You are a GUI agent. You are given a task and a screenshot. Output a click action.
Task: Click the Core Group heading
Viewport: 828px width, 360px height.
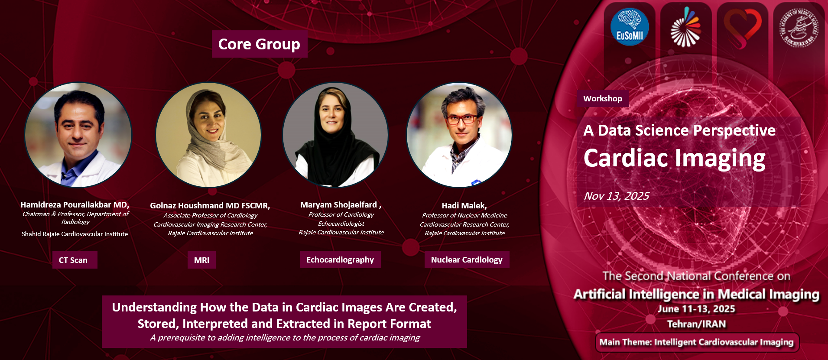click(259, 44)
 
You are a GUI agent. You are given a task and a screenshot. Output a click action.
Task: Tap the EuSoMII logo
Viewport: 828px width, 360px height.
click(630, 27)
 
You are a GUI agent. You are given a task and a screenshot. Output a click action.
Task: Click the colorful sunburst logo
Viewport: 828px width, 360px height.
click(685, 27)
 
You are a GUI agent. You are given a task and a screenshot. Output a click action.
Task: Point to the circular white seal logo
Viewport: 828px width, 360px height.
click(799, 28)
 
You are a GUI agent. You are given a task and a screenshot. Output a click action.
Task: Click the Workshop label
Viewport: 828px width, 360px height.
click(603, 99)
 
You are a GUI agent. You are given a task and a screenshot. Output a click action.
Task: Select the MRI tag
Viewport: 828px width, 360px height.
click(201, 260)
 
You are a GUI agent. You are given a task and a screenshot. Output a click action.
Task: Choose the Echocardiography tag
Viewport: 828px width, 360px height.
click(340, 259)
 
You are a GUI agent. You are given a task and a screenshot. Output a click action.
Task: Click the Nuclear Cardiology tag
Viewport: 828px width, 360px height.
click(467, 259)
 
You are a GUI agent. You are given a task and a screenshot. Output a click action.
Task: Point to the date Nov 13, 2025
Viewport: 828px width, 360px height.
click(616, 196)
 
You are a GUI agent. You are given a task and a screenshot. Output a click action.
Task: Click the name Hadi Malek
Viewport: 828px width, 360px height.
click(464, 205)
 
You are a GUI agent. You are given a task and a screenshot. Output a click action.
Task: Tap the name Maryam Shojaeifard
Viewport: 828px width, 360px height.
click(338, 204)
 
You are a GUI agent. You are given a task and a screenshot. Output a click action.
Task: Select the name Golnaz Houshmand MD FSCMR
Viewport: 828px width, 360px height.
click(210, 205)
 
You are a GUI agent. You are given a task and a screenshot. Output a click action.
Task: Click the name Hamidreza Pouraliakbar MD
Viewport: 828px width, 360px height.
click(75, 204)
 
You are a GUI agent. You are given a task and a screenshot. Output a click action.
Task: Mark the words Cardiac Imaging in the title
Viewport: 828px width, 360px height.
click(674, 158)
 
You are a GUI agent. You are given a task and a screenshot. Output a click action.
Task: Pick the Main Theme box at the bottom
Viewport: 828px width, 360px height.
click(697, 342)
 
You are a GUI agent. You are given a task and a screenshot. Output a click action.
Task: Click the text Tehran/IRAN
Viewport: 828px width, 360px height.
click(696, 324)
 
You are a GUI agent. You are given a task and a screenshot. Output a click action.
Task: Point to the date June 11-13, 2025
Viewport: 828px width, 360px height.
click(696, 309)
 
